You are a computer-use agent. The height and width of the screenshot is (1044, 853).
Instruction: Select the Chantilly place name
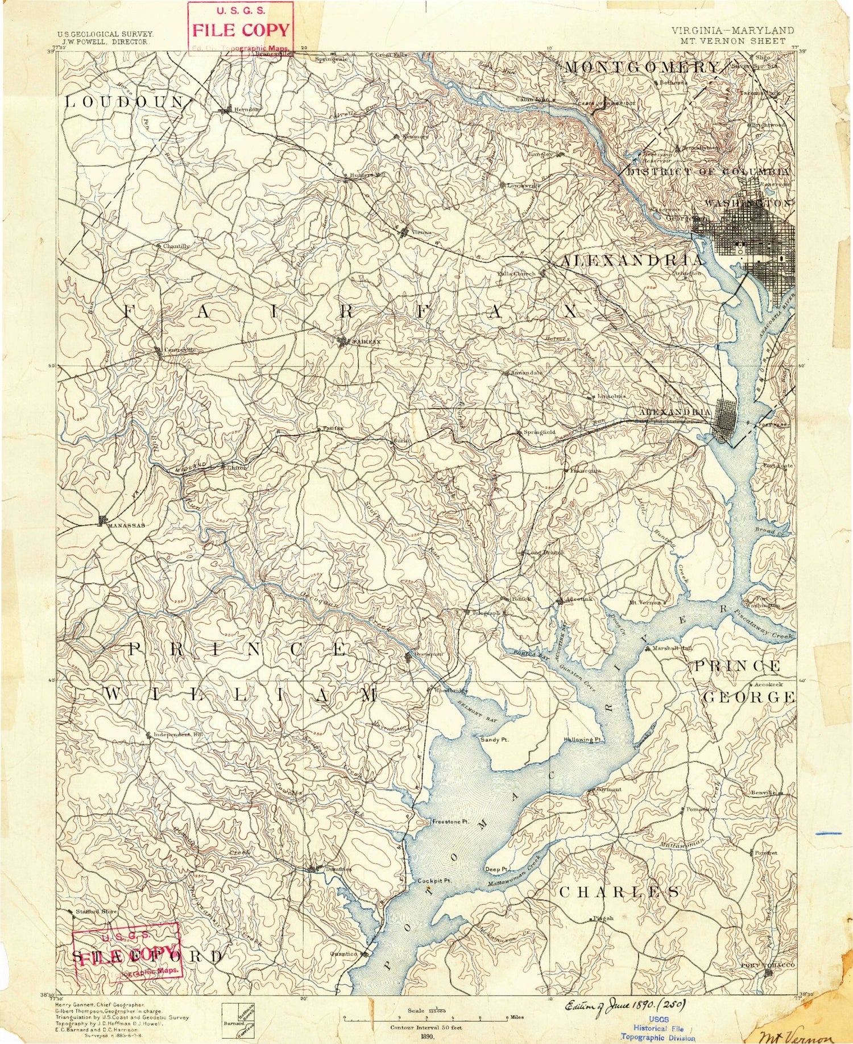176,246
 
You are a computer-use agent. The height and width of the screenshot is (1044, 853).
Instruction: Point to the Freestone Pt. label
450,822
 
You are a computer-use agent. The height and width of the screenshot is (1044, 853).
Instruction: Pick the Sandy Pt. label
493,740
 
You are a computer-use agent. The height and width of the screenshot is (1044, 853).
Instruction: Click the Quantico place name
344,954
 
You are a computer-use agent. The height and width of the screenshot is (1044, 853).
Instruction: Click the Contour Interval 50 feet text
426,1028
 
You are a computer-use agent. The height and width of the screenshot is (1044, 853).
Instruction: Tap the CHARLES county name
619,892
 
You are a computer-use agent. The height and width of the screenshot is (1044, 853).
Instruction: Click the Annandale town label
526,373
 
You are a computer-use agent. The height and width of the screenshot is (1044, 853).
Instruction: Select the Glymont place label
609,789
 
